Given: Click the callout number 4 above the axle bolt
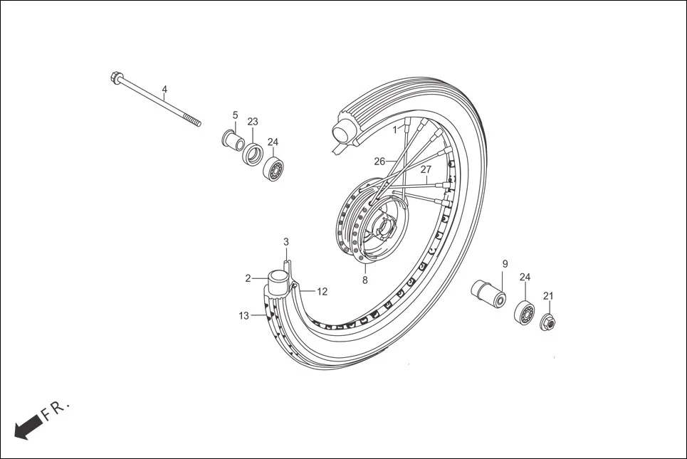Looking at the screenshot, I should pos(164,90).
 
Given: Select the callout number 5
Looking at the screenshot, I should pos(235,115).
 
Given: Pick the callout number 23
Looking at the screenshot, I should pos(253,121).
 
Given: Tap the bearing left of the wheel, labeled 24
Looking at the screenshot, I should pos(273,170).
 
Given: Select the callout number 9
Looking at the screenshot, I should pos(505,264).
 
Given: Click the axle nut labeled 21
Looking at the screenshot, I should pos(549,321).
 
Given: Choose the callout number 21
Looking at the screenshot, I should pos(547,296).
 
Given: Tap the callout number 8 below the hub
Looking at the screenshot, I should pos(365,280).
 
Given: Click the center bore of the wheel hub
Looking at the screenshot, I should pos(384,228).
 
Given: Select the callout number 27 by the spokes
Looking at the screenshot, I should pos(426,169).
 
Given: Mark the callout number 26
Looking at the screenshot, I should pos(379,162).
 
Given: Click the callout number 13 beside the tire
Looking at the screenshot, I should pos(244,316).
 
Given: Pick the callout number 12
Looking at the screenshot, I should pos(322,291).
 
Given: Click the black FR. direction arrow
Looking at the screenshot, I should pos(27,428).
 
